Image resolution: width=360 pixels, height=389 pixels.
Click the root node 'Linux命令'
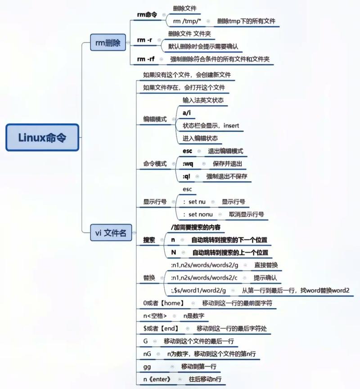point(42,137)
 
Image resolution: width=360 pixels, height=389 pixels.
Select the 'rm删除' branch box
point(108,43)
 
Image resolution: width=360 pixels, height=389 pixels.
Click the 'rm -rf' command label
point(147,59)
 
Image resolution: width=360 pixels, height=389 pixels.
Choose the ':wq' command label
point(188,164)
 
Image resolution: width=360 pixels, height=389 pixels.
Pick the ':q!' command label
point(187,176)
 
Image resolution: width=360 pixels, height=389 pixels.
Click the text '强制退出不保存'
point(227,176)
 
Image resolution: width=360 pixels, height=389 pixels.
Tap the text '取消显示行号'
point(246,215)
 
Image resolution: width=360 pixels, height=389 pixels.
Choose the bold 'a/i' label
point(187,112)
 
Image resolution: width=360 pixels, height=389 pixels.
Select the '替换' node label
point(149,277)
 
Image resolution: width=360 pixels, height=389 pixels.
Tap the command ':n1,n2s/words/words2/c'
point(204,277)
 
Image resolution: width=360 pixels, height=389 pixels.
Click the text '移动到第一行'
point(198,367)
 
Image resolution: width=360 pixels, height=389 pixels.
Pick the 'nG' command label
point(147,354)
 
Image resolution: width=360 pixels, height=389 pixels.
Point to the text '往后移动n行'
point(205,380)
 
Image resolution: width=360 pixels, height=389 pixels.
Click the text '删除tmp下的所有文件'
point(246,21)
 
